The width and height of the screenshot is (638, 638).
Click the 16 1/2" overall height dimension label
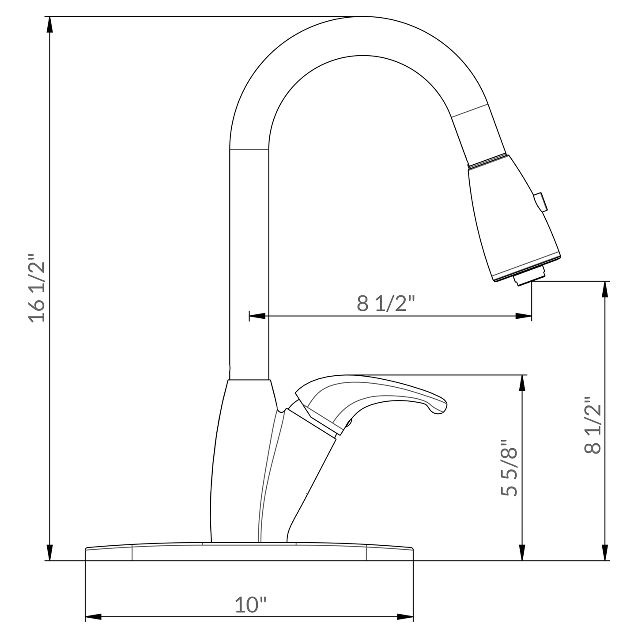coord(37,288)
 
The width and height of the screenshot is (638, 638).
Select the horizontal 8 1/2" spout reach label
coord(386,304)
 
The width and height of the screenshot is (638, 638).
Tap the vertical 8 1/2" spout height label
coord(593,425)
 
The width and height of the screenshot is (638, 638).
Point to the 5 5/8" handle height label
coord(509,468)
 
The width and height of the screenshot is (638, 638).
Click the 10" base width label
coord(251,605)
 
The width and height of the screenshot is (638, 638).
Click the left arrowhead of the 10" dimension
coord(93,617)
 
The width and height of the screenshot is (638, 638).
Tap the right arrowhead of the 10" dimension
coord(405,617)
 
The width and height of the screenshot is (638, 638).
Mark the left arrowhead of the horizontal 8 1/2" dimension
coord(257,316)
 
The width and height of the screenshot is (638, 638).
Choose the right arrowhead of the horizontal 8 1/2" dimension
coord(524,316)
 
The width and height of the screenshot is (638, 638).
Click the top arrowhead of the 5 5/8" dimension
coord(523,383)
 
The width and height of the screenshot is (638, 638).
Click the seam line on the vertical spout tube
coord(249,150)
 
